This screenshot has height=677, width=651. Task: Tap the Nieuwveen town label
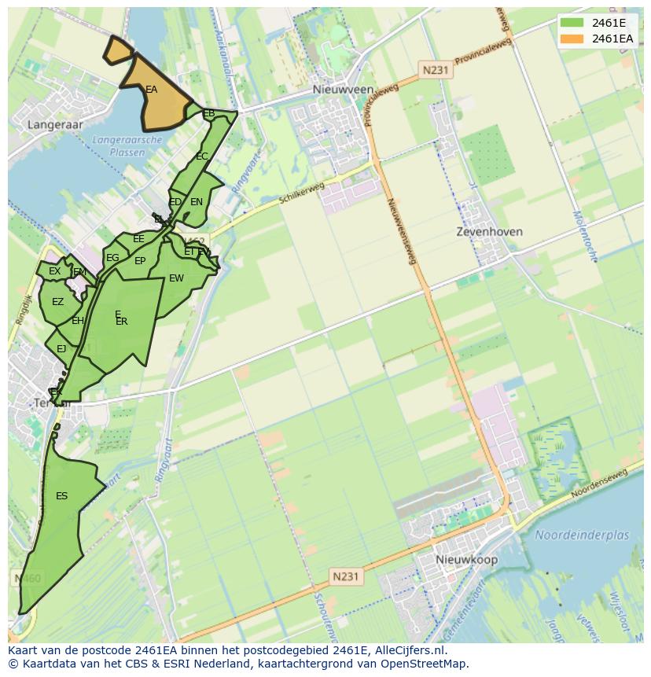343,90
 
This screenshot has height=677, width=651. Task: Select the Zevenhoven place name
489,233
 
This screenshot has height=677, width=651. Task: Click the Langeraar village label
54,124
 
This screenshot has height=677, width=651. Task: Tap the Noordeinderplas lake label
582,535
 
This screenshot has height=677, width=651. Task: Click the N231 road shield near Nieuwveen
435,70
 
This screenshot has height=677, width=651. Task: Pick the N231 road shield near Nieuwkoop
344,576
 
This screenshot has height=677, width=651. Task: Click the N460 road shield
28,579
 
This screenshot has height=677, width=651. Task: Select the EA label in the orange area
151,90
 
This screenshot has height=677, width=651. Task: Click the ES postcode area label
61,496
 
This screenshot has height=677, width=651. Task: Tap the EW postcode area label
176,278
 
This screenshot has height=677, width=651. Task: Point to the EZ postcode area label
57,302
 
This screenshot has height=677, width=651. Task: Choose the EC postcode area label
201,156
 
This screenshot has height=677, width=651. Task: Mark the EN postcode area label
197,202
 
